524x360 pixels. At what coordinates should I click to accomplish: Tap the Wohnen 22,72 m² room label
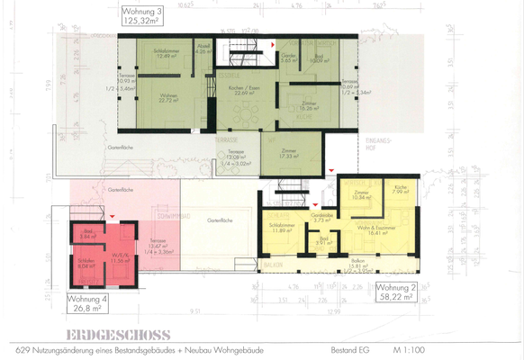coord(171,99)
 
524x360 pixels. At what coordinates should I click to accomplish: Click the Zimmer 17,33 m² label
coord(289,154)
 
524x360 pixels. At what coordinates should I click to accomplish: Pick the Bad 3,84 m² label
coord(87,235)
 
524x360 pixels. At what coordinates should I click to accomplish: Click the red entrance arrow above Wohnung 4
coord(112,217)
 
